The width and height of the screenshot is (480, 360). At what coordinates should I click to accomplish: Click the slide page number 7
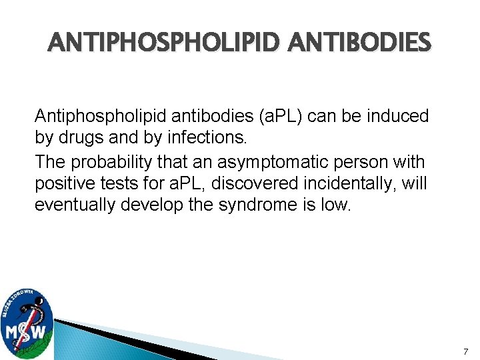coord(465,351)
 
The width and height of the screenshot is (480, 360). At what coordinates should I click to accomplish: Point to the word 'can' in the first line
coord(287,116)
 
